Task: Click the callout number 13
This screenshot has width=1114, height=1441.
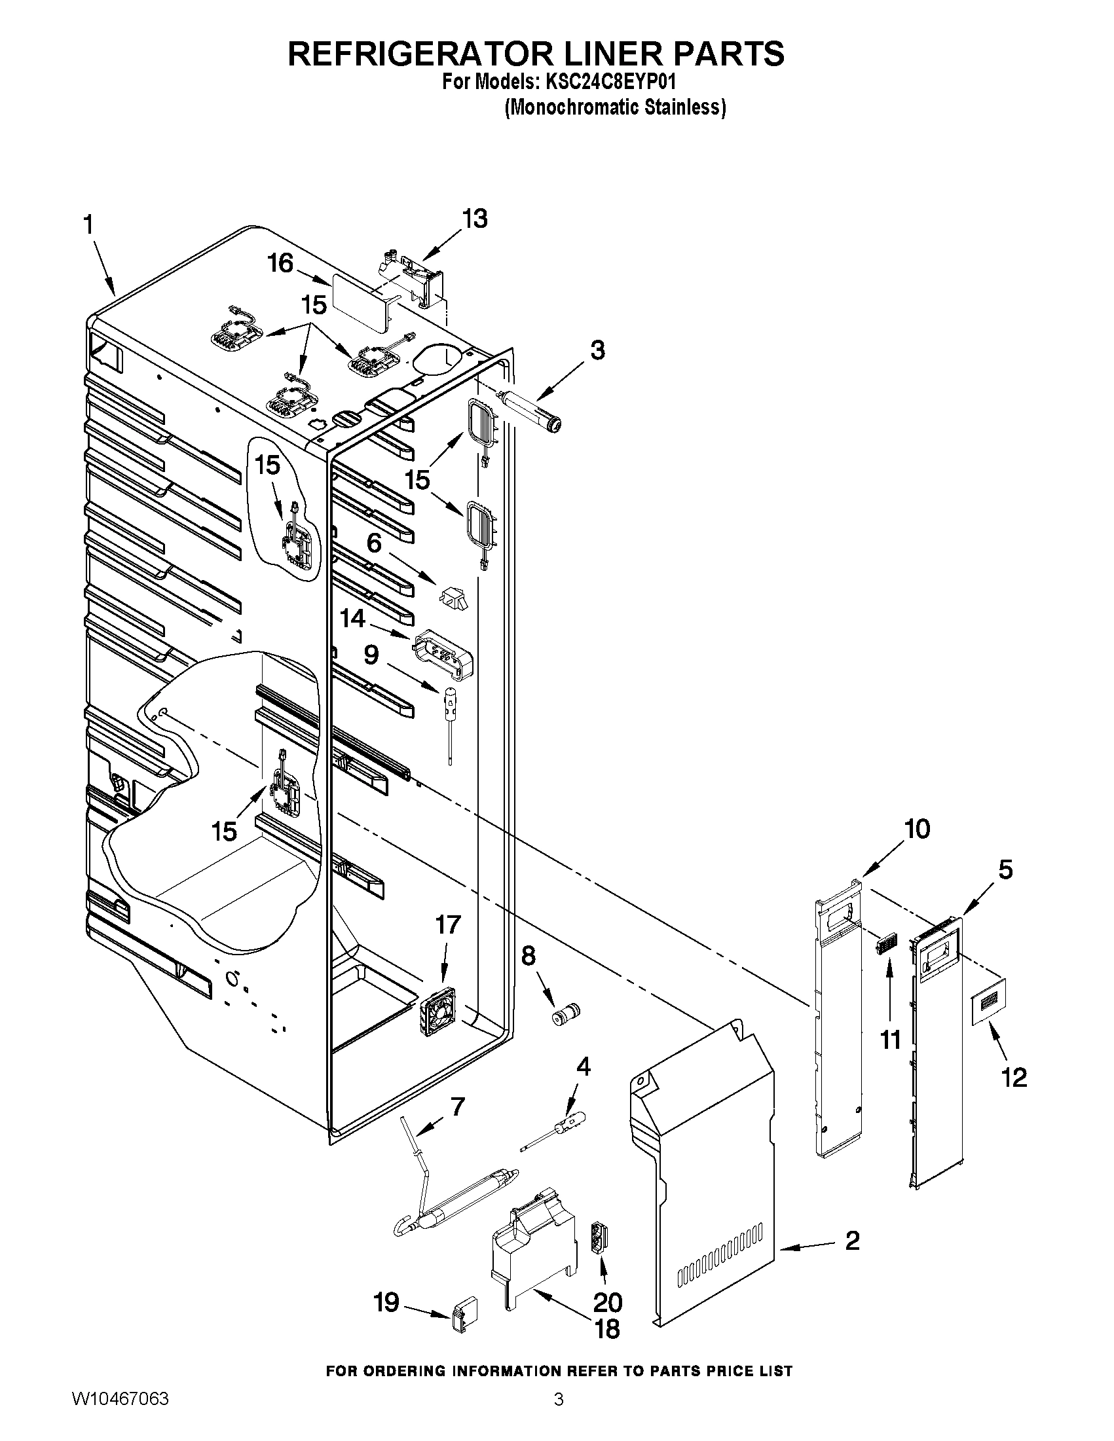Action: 475,219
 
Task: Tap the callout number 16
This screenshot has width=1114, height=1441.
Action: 280,263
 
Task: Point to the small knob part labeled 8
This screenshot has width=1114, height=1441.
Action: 566,1013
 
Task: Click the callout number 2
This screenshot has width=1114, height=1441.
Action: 853,1241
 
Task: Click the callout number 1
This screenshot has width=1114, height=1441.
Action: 88,226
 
